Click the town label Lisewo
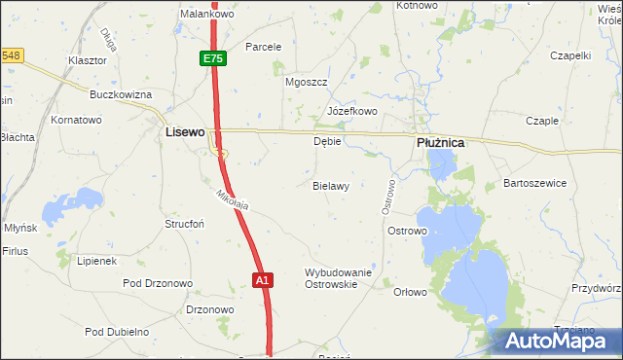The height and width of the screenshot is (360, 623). (185, 130)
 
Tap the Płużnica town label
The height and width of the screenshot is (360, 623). (440, 142)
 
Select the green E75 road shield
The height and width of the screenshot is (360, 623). (213, 59)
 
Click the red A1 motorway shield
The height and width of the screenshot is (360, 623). (262, 280)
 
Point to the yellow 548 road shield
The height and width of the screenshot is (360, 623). (11, 55)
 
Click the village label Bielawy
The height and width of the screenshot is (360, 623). (331, 185)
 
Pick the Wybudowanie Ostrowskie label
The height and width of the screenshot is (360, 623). (339, 278)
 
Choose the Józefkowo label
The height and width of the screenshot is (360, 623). (352, 111)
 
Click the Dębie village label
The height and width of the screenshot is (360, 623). (327, 141)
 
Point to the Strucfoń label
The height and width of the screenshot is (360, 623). (183, 223)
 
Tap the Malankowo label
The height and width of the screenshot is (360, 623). (203, 14)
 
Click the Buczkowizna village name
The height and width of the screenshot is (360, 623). (121, 94)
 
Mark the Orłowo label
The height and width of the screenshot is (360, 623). (410, 292)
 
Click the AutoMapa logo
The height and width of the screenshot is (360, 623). (558, 341)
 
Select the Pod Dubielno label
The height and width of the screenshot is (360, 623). (117, 332)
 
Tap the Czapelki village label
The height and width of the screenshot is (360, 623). (571, 55)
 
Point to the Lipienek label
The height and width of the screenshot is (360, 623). (97, 262)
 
